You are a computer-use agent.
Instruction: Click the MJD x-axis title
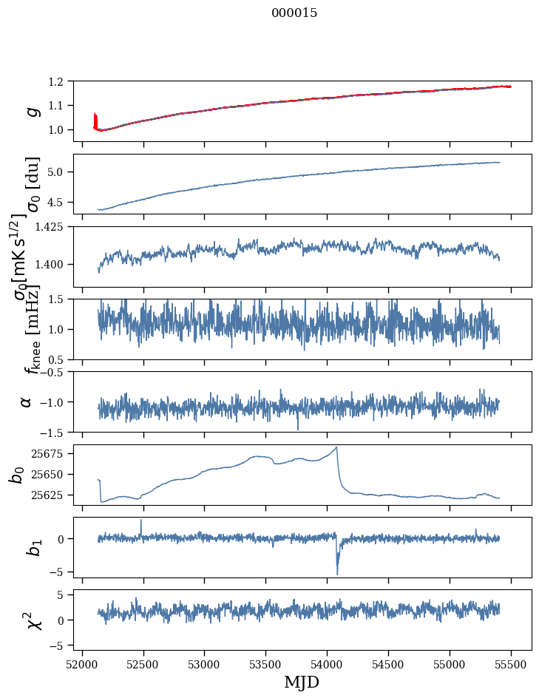point(302,682)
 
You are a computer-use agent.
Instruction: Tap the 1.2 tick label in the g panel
point(63,81)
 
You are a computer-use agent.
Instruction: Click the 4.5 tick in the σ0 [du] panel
point(63,202)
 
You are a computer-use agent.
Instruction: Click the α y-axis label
point(27,401)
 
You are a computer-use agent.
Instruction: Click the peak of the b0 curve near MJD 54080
point(337,447)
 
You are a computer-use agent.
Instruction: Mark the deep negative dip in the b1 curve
point(337,573)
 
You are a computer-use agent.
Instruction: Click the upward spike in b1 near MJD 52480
point(141,521)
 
